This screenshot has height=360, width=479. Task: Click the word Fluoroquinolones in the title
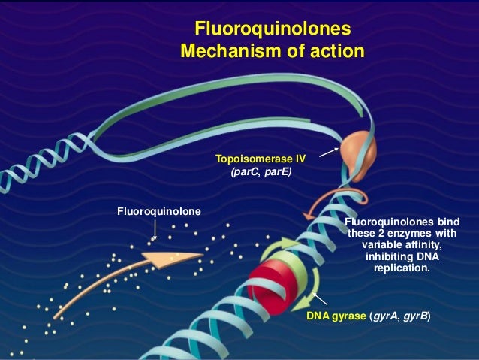click(272, 29)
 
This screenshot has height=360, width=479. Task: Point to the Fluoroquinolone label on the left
click(158, 211)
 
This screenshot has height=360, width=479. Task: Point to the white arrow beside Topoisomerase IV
click(324, 153)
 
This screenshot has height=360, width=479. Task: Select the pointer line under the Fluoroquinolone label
click(155, 228)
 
